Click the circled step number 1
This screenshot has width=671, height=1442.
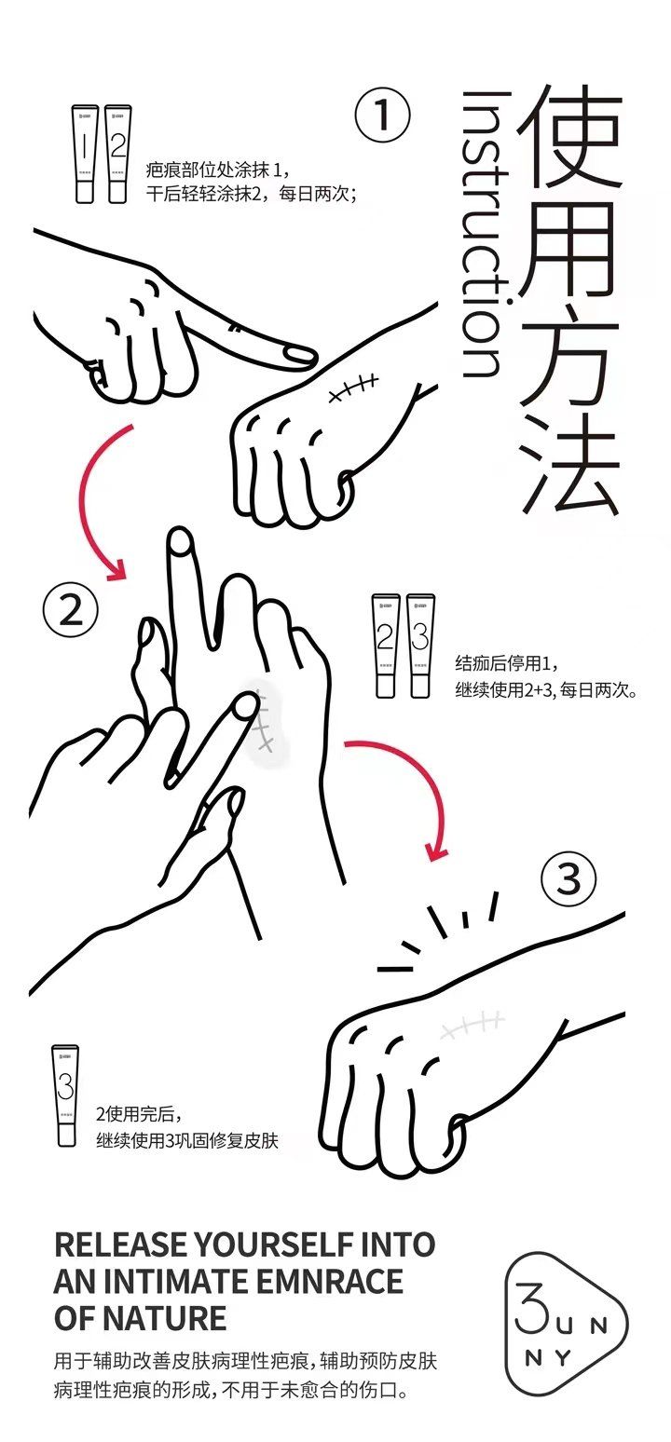click(x=382, y=116)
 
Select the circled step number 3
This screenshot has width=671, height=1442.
click(x=568, y=879)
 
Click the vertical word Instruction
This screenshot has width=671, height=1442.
click(x=483, y=235)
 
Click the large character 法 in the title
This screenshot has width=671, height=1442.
click(x=571, y=463)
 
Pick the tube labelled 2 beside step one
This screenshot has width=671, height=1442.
click(x=117, y=155)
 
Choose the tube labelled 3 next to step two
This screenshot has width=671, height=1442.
click(x=420, y=646)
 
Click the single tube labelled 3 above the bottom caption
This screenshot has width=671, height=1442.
click(x=65, y=1095)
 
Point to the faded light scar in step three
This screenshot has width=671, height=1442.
click(x=472, y=1027)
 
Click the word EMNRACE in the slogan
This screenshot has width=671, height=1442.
click(x=330, y=1282)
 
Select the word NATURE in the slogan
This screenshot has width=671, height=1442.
click(x=165, y=1318)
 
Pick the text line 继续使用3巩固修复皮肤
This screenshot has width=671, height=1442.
click(x=187, y=1141)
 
